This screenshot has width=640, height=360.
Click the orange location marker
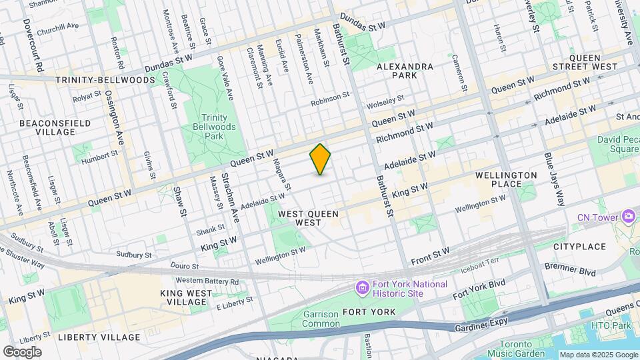click(321, 159)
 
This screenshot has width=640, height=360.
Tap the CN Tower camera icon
click(628, 216)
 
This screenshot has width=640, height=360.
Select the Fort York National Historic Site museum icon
click(363, 288)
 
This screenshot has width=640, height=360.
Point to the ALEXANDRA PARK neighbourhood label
click(405, 71)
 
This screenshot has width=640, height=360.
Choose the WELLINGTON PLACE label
click(505, 179)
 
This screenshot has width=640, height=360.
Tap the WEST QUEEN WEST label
click(309, 218)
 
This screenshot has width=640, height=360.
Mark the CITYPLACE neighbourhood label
click(579, 247)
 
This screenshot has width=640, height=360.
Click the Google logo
click(22, 351)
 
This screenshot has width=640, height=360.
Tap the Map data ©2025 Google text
click(598, 355)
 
